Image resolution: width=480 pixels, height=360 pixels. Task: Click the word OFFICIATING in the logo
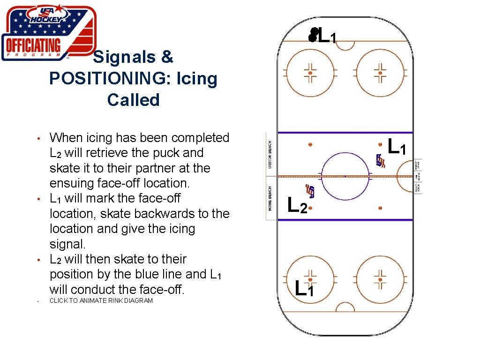(x=32, y=46)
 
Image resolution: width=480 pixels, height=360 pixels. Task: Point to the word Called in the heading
(x=133, y=100)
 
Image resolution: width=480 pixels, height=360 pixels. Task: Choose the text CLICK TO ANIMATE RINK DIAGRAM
(x=101, y=300)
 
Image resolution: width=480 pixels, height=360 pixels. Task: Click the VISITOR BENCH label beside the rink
(x=270, y=154)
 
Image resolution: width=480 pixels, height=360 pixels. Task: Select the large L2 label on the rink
(x=297, y=205)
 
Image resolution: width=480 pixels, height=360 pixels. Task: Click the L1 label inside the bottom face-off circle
(x=305, y=287)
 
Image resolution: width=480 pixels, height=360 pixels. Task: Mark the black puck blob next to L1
(x=313, y=35)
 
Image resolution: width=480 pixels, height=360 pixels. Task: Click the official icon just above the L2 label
(x=310, y=190)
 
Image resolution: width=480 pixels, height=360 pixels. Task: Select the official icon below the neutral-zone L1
(x=381, y=161)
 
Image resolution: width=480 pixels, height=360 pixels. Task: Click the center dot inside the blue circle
(x=345, y=176)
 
